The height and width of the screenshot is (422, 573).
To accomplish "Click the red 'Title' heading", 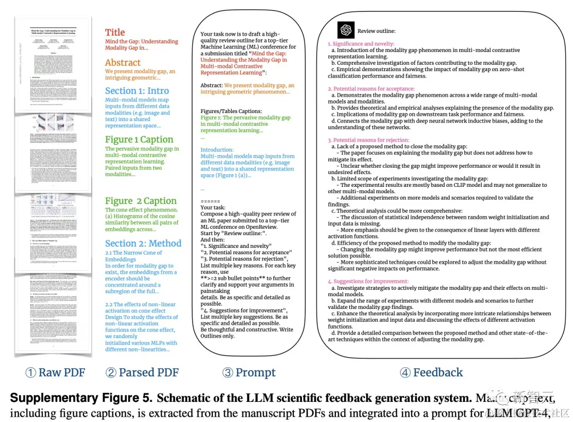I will (115, 32).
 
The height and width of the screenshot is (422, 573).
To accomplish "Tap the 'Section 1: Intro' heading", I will (137, 91).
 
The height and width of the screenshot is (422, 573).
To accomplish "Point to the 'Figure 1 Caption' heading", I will (139, 140).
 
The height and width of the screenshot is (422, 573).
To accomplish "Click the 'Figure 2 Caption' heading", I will (141, 201).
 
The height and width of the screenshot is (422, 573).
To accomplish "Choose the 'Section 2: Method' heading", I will (143, 243).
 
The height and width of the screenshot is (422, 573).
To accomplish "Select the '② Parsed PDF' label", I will (142, 373).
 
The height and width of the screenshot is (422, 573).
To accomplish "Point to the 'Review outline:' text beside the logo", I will (376, 31).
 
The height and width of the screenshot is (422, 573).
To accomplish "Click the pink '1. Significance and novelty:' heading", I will (361, 44).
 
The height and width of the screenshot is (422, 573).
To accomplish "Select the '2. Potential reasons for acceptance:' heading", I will (371, 89).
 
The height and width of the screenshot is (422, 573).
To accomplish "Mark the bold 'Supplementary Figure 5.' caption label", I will (80, 398).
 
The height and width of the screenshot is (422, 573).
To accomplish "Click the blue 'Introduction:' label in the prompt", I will (217, 150).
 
